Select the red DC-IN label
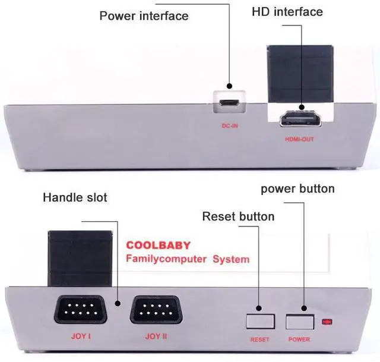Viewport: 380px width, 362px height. click(x=229, y=126)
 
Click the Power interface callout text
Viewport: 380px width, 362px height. click(x=144, y=15)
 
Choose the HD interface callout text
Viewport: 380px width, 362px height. click(x=287, y=12)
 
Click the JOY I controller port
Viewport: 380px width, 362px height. click(x=81, y=310)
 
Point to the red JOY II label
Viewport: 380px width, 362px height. click(x=156, y=336)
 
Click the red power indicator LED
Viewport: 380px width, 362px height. click(x=326, y=322)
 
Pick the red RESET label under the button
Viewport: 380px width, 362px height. click(x=260, y=339)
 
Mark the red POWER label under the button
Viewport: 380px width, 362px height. click(x=299, y=339)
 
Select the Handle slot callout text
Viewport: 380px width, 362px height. click(x=75, y=197)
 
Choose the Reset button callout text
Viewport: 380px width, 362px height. click(x=238, y=216)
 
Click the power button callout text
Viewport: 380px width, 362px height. click(x=297, y=189)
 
